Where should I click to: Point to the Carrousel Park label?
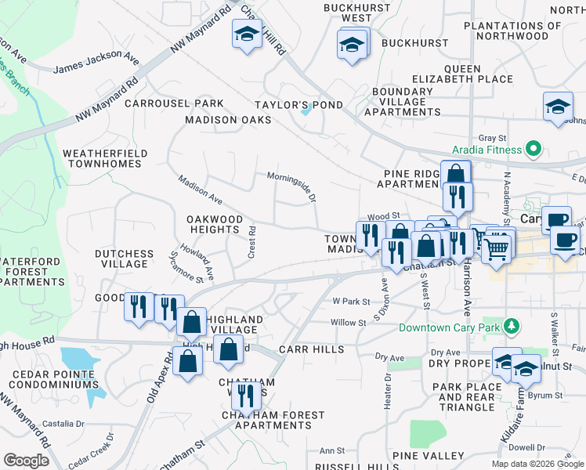(174, 103)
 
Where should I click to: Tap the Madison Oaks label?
(228, 120)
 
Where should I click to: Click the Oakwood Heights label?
(214, 224)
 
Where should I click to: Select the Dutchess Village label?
(125, 258)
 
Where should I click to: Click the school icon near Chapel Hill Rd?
(247, 35)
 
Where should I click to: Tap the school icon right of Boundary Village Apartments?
(558, 108)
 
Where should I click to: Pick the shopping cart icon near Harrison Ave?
(494, 250)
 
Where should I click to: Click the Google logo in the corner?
(26, 461)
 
